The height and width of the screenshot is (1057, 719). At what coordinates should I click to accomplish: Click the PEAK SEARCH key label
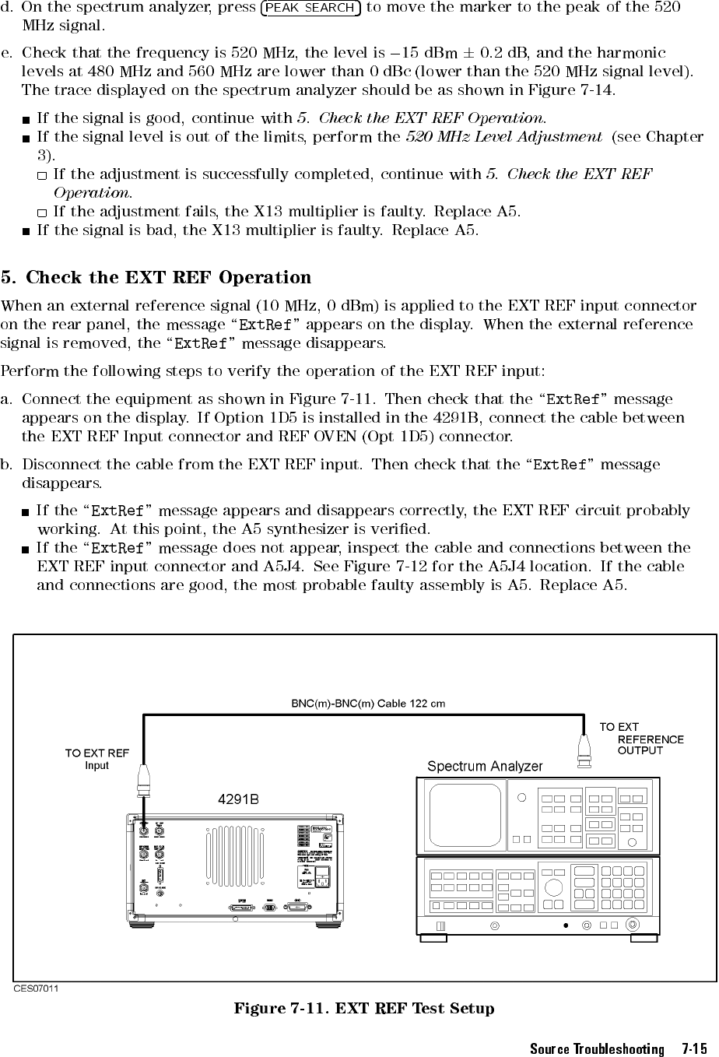point(310,8)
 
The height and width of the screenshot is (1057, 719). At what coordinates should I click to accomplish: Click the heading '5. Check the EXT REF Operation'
point(156,278)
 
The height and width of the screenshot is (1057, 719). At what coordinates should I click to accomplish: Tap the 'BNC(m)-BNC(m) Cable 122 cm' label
point(368,704)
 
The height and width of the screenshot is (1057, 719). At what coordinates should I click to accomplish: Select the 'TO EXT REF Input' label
point(96,759)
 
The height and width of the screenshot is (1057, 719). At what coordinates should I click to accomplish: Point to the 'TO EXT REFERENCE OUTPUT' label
point(642,739)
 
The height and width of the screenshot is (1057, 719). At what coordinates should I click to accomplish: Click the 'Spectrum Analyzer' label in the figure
point(485,766)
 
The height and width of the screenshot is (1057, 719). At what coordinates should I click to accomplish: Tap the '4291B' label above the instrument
point(237,799)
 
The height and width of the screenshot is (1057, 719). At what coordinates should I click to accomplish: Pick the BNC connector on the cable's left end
point(145,779)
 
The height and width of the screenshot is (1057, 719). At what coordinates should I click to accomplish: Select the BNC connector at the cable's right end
point(584,750)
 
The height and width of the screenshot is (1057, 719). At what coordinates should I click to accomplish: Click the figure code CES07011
point(38,988)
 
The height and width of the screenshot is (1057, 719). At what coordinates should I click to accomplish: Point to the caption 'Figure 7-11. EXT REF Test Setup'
point(363,1010)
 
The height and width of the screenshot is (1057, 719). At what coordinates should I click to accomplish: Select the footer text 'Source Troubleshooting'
point(597,1049)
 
